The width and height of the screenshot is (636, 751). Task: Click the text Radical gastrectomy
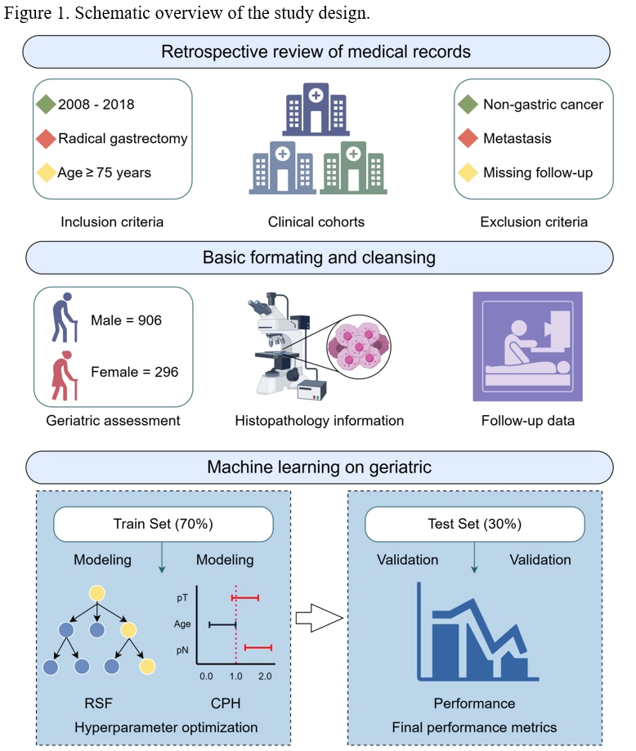[x=123, y=138]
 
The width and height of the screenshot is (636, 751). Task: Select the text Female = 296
[x=126, y=373]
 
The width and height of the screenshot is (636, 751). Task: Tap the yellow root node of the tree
[x=97, y=592]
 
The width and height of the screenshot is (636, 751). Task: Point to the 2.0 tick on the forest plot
[x=265, y=677]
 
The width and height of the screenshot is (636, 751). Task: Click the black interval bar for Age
[x=222, y=624]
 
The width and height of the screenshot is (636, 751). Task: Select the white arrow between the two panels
[x=317, y=619]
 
